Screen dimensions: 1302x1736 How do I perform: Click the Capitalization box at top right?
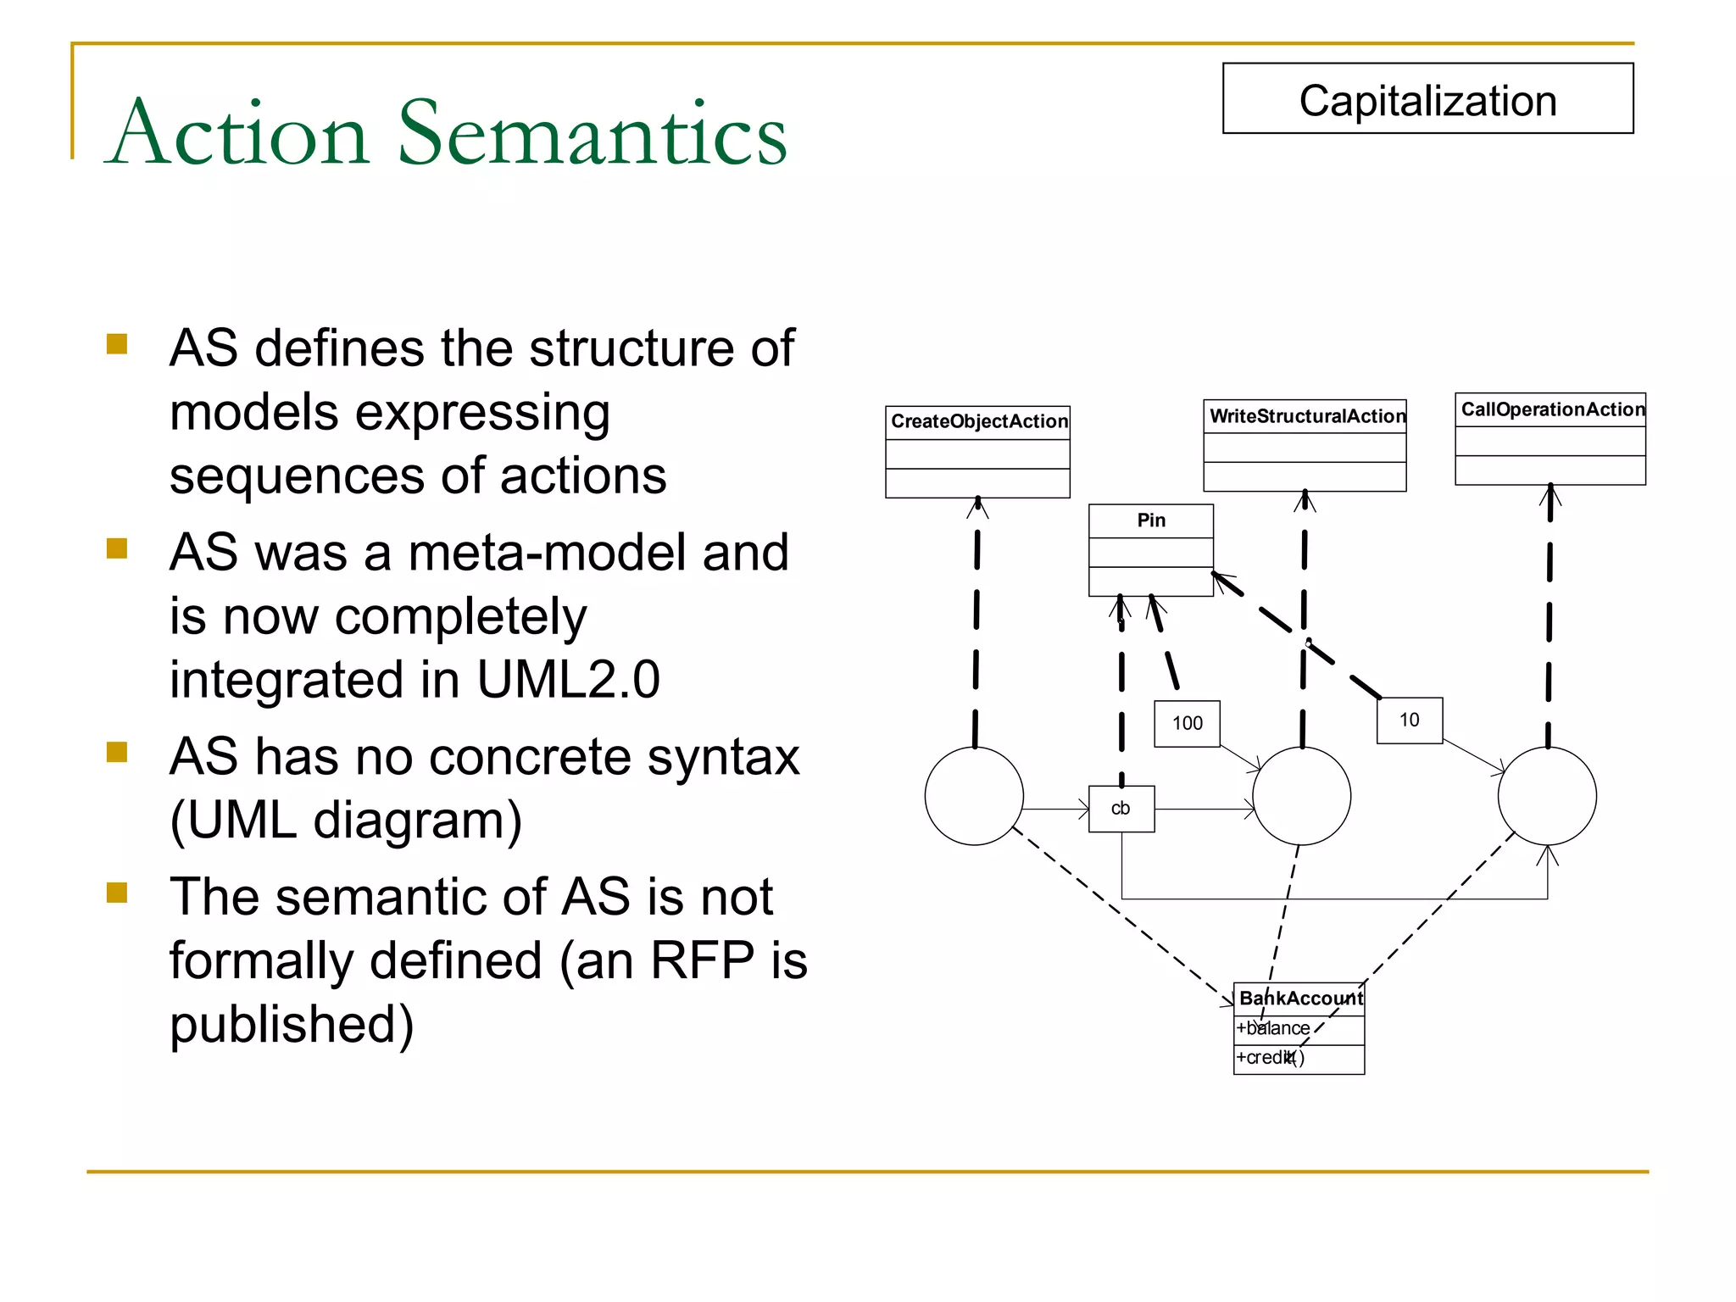click(x=1427, y=99)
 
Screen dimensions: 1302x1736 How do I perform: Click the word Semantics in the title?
click(x=593, y=133)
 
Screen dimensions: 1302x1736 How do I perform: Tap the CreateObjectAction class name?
click(x=978, y=421)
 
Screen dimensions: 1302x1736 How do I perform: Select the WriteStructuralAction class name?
click(x=1305, y=416)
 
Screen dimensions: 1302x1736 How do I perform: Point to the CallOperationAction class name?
click(x=1551, y=409)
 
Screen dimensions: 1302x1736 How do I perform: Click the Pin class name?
click(x=1151, y=520)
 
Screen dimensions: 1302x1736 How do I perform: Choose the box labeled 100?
click(x=1187, y=723)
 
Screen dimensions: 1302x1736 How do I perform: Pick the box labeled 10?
click(x=1409, y=721)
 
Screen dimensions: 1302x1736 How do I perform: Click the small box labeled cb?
click(x=1121, y=809)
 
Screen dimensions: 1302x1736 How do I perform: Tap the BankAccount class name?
click(x=1300, y=999)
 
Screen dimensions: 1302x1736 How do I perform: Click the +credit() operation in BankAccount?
click(x=1270, y=1058)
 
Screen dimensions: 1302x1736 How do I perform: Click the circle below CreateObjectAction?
click(x=974, y=796)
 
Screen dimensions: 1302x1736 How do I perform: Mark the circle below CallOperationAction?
click(x=1547, y=796)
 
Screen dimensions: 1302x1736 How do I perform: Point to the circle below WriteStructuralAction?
click(x=1301, y=796)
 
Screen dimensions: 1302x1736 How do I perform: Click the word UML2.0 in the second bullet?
click(x=568, y=680)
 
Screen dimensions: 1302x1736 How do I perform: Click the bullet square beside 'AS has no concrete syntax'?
click(x=117, y=753)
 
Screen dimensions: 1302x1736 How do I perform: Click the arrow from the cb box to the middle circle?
click(x=1204, y=810)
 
